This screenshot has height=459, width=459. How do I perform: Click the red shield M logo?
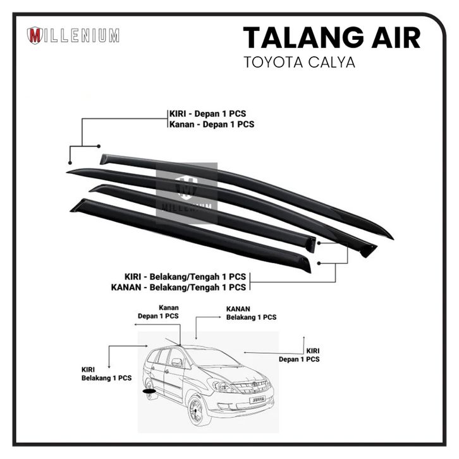pyautogui.click(x=35, y=35)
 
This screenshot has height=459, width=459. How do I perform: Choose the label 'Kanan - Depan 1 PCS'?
pyautogui.click(x=211, y=125)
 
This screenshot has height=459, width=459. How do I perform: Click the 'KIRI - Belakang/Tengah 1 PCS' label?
pyautogui.click(x=185, y=277)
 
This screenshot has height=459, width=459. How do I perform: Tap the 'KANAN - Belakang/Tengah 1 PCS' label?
pyautogui.click(x=185, y=288)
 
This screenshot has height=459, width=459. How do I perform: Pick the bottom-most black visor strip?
pyautogui.click(x=190, y=234)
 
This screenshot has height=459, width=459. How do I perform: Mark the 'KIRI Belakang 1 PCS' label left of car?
pyautogui.click(x=106, y=374)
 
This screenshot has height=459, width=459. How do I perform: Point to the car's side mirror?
pyautogui.click(x=177, y=363)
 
